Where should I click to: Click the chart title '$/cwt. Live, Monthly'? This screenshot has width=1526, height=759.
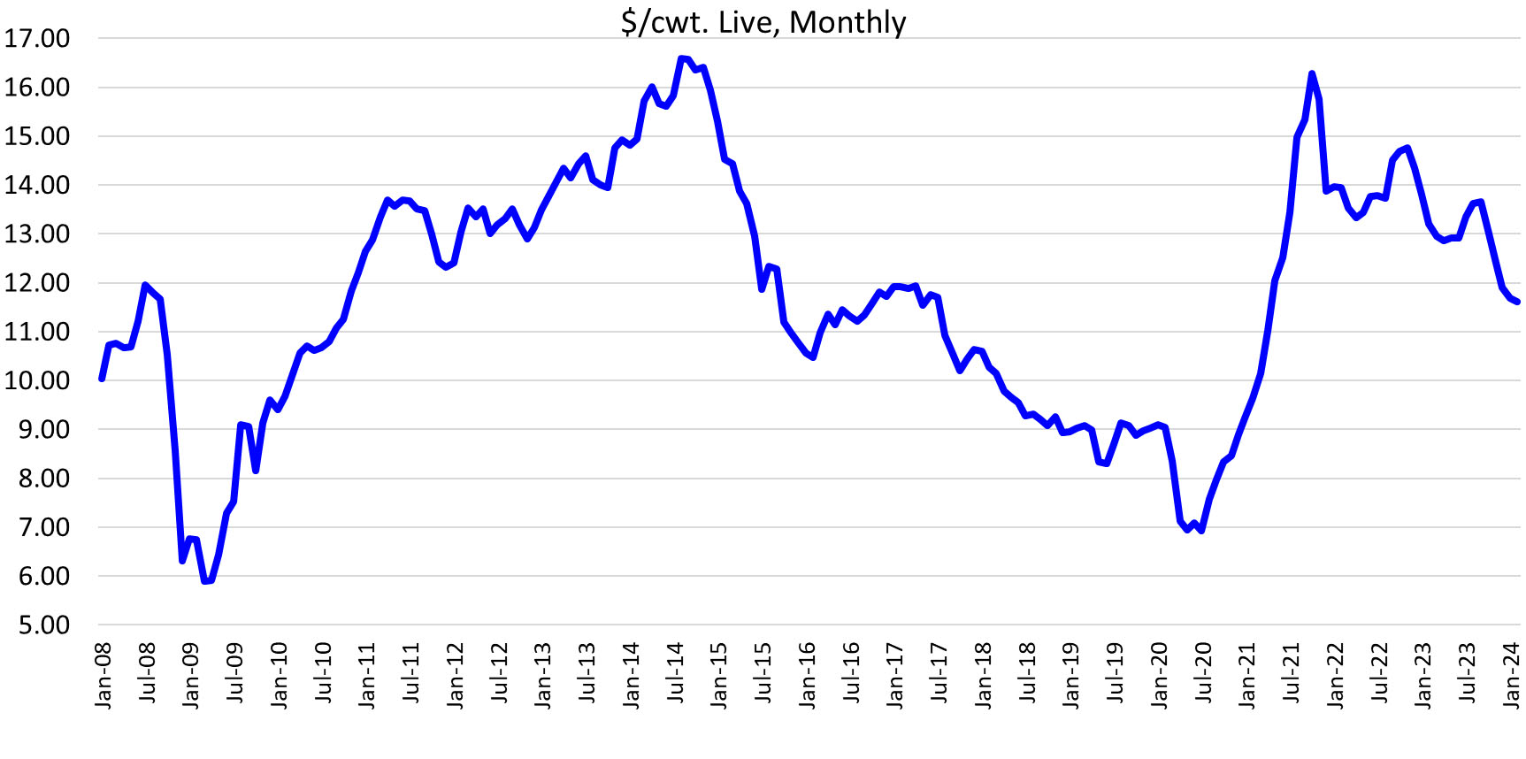click(763, 21)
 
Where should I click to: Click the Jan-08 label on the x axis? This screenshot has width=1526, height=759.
click(104, 676)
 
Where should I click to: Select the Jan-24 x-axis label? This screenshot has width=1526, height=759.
click(1511, 676)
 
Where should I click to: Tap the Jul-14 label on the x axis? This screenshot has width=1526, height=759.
click(676, 676)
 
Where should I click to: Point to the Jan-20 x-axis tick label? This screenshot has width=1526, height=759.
click(1159, 676)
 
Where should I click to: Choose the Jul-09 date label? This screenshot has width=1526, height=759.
click(235, 676)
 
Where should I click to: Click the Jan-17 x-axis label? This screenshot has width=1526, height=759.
click(895, 676)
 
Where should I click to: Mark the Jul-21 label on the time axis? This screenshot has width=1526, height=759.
click(1292, 676)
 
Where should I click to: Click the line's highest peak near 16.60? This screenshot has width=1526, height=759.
click(680, 58)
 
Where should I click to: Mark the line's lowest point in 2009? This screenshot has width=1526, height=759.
click(205, 581)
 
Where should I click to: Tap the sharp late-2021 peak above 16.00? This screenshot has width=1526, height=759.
click(1311, 73)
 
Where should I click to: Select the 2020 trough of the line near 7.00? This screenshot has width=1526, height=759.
click(1200, 530)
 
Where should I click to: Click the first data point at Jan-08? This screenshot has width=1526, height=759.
click(102, 379)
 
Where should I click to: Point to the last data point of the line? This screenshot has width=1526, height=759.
click(1518, 303)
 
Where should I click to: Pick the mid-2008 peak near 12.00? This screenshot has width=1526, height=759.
click(145, 285)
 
